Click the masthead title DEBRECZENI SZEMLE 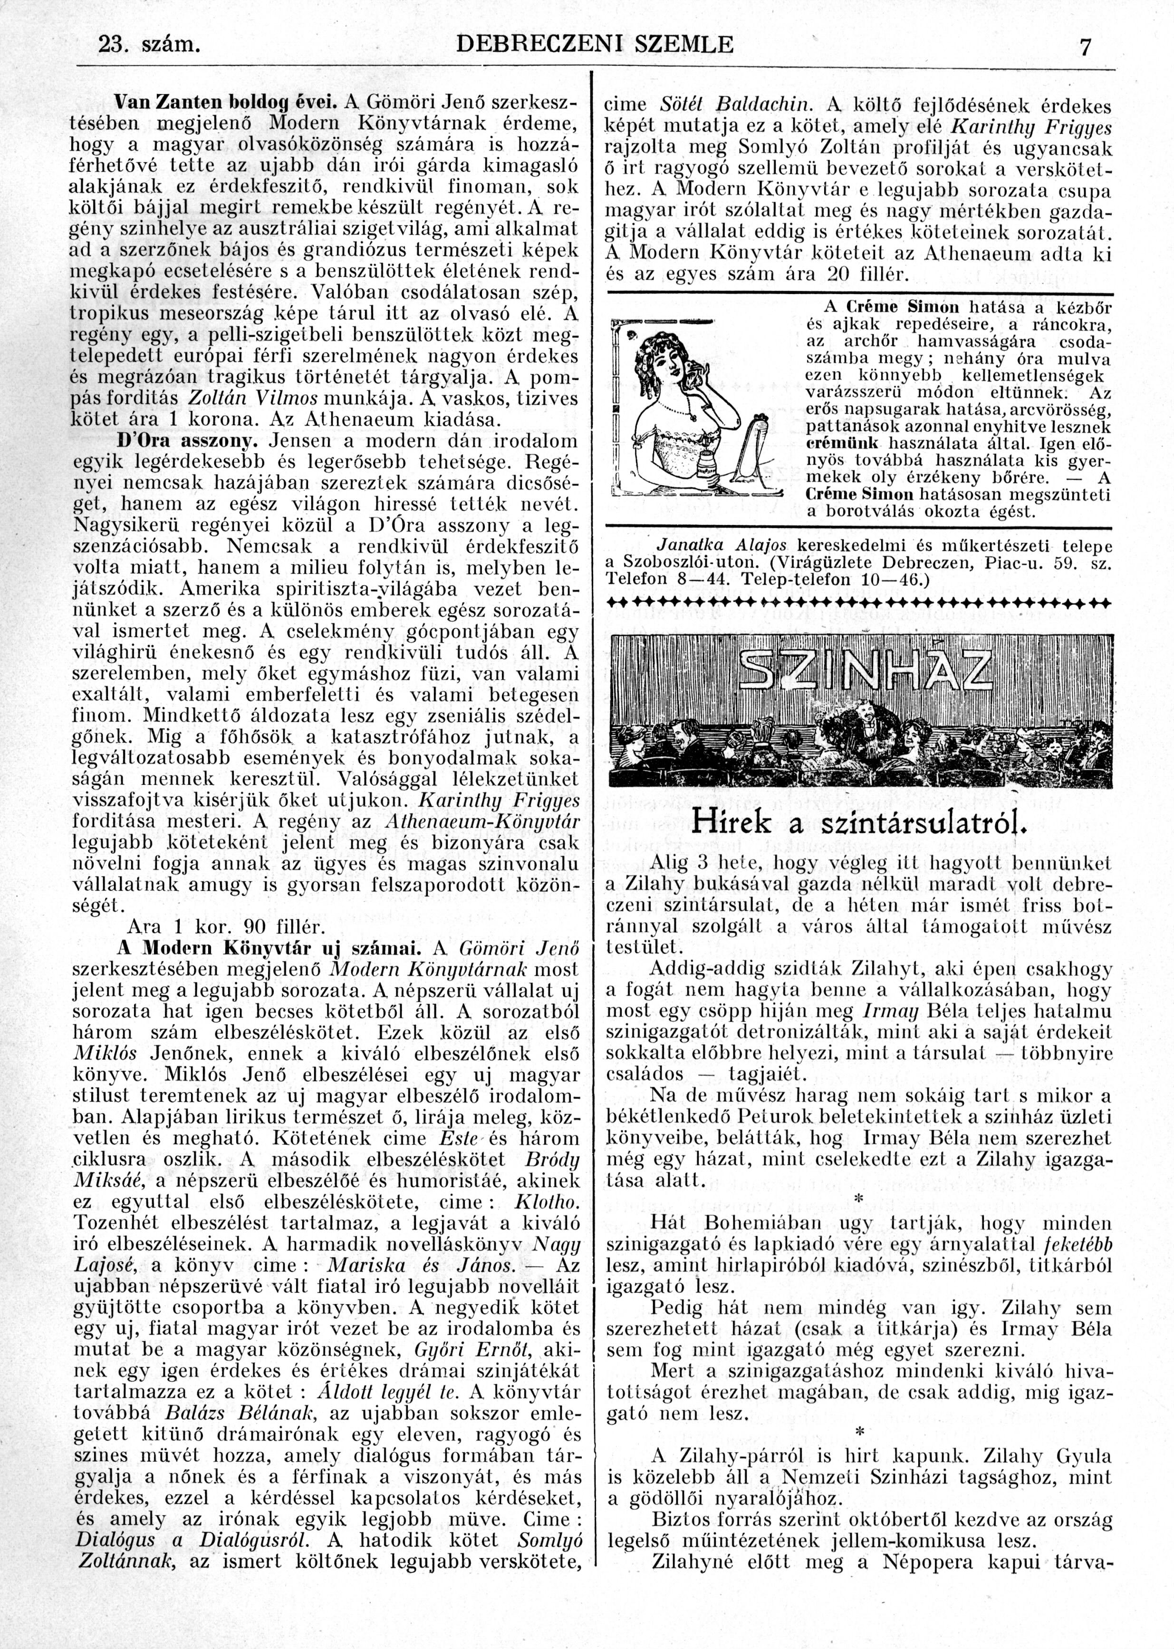(x=596, y=45)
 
